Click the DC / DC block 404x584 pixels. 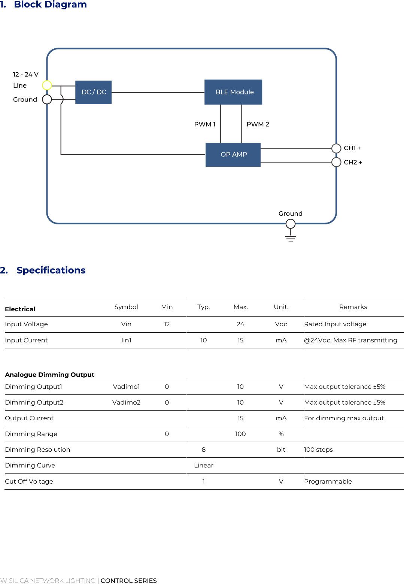pyautogui.click(x=94, y=92)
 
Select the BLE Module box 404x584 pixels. pyautogui.click(x=233, y=92)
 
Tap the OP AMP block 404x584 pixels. pyautogui.click(x=233, y=155)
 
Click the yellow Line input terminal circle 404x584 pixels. pyautogui.click(x=47, y=85)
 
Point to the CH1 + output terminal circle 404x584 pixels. pyautogui.click(x=336, y=148)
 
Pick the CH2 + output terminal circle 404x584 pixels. pyautogui.click(x=336, y=162)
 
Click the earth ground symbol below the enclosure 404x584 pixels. pyautogui.click(x=291, y=237)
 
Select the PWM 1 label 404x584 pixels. pyautogui.click(x=204, y=124)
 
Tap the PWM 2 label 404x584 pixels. pyautogui.click(x=258, y=124)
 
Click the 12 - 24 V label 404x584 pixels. pyautogui.click(x=25, y=75)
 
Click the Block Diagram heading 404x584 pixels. pyautogui.click(x=50, y=4)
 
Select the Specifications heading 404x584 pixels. pyautogui.click(x=51, y=270)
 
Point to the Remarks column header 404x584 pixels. pyautogui.click(x=353, y=307)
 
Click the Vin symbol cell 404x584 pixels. pyautogui.click(x=126, y=324)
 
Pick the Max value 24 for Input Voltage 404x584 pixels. pyautogui.click(x=240, y=324)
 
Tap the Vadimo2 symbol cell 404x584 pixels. pyautogui.click(x=126, y=402)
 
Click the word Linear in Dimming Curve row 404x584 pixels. pyautogui.click(x=203, y=465)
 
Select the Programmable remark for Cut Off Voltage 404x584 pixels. pyautogui.click(x=328, y=481)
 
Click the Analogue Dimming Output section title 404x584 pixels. pyautogui.click(x=49, y=375)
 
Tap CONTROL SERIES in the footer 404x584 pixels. pyautogui.click(x=128, y=581)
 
